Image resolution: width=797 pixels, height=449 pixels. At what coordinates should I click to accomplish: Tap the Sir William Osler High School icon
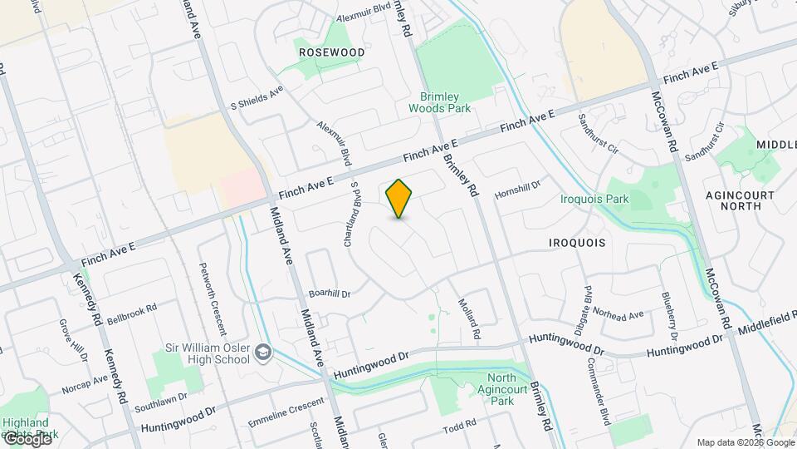(263, 353)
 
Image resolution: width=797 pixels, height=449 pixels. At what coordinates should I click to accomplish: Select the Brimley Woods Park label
(440, 102)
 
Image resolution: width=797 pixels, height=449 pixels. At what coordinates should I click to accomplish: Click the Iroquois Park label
(594, 199)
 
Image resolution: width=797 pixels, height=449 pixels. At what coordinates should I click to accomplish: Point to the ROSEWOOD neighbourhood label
(332, 52)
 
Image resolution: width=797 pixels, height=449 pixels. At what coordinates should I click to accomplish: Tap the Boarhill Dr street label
(330, 294)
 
